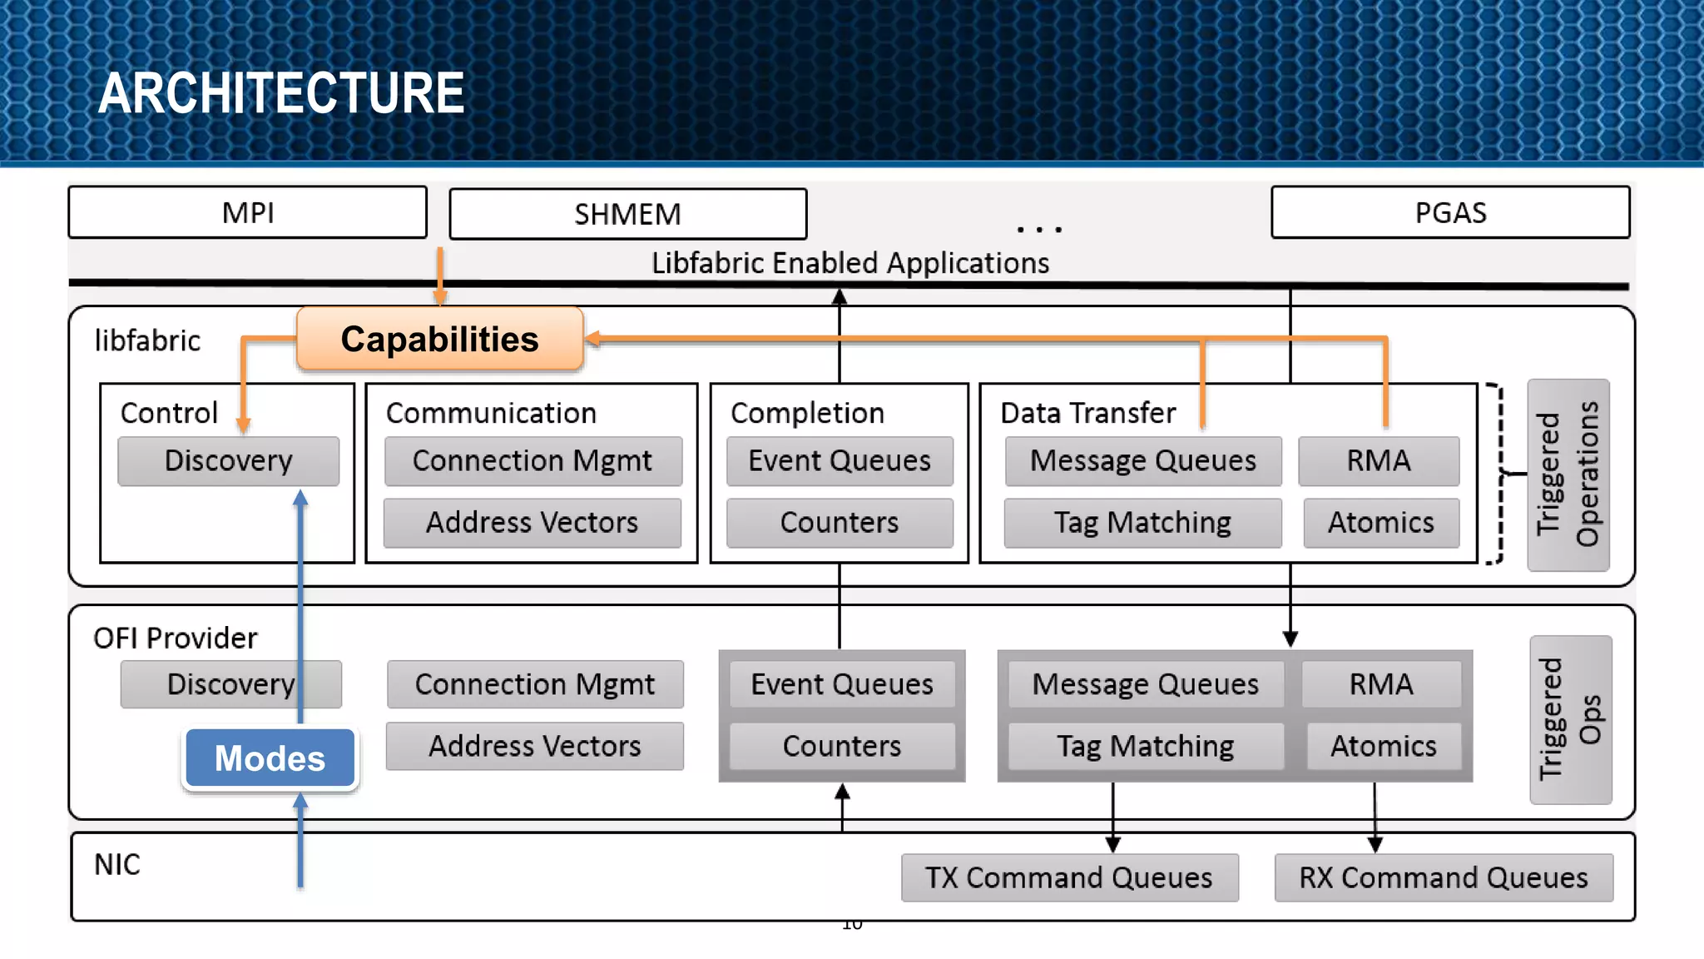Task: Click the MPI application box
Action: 248,213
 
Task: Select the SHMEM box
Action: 627,215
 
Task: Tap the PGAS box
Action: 1450,213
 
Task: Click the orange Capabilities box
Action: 439,340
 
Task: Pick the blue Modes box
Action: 270,758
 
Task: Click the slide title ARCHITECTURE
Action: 281,92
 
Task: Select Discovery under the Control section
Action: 228,460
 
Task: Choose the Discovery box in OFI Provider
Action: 230,684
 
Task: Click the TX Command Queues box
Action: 1069,877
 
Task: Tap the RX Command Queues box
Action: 1444,877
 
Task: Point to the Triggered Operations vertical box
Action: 1568,475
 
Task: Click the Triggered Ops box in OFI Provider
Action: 1570,719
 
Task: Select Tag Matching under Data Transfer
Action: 1142,523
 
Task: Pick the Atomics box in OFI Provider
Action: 1383,746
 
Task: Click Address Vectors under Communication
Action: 532,523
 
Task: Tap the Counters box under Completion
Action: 839,523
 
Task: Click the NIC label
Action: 117,865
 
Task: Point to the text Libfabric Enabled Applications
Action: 850,263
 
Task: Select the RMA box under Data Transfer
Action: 1379,460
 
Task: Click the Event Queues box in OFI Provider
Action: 841,684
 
